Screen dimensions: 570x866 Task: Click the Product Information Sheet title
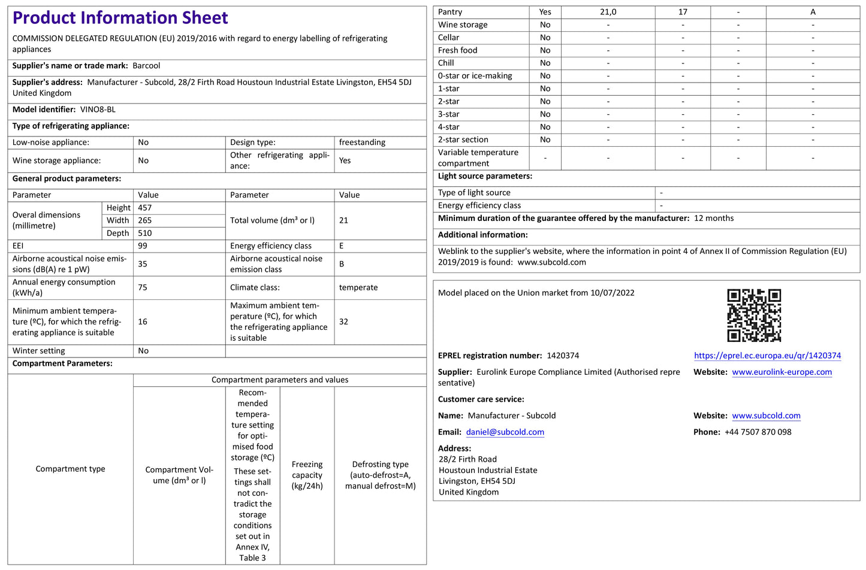[120, 18]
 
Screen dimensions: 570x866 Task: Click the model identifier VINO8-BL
[98, 110]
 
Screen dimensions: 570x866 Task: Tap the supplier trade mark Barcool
[146, 66]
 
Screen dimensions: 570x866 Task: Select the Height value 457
[145, 208]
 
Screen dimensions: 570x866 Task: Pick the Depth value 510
[145, 233]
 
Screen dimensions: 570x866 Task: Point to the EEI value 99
[143, 246]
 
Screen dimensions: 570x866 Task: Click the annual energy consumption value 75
[143, 287]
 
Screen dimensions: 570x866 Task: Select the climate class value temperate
[358, 287]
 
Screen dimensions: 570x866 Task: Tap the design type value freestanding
[362, 142]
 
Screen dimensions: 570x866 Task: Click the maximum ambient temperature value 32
[343, 322]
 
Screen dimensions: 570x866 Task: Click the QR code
[754, 315]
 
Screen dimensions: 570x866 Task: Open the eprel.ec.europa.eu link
[767, 356]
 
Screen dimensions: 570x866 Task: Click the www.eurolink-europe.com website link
[781, 372]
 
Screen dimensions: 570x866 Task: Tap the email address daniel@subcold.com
[505, 432]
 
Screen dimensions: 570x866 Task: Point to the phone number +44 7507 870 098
[758, 432]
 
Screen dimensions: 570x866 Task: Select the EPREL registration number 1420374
[563, 356]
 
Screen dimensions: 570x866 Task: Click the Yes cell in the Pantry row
[545, 12]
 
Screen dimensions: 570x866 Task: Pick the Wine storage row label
[463, 25]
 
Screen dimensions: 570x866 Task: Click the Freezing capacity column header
[307, 475]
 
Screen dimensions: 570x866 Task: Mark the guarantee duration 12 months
[714, 219]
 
